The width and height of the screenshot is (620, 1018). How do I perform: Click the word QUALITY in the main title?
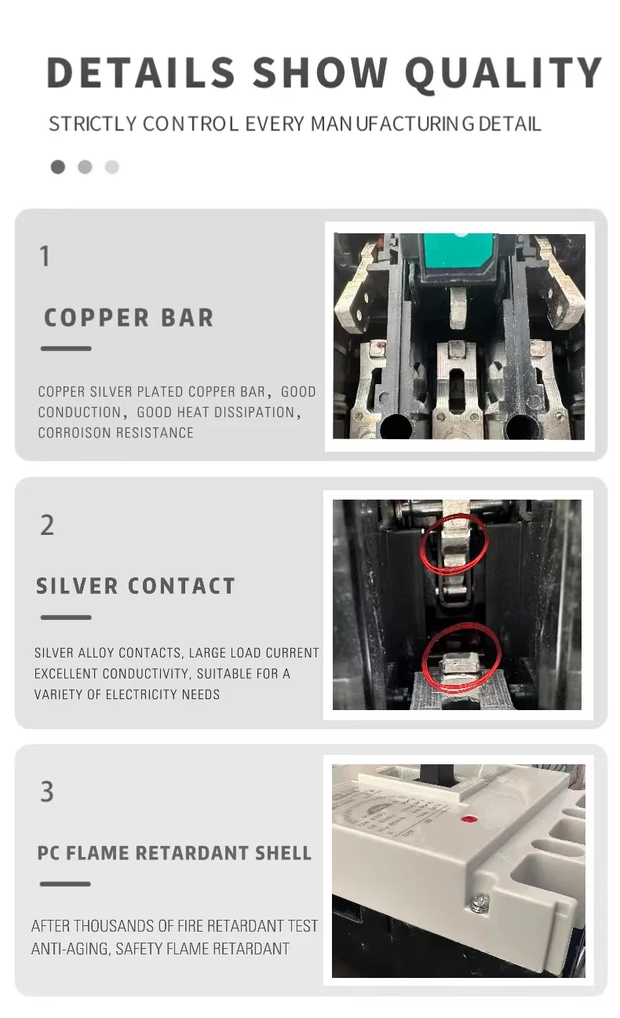[502, 73]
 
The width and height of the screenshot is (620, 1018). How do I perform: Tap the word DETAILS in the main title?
[141, 73]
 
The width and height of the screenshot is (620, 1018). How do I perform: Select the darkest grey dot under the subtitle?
[57, 167]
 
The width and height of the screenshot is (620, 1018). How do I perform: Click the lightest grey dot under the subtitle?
[112, 167]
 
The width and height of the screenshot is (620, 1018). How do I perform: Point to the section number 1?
[45, 256]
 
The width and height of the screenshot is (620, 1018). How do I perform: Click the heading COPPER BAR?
[129, 318]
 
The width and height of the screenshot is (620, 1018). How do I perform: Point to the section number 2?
[47, 525]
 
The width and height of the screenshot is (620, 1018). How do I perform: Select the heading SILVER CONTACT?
[136, 586]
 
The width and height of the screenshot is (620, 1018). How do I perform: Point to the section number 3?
[47, 792]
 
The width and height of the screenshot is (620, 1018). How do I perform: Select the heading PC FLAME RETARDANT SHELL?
[174, 853]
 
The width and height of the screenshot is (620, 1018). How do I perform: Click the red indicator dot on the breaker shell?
[471, 819]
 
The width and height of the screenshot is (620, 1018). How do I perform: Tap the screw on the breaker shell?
[476, 905]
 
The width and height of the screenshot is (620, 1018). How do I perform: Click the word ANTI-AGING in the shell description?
[70, 949]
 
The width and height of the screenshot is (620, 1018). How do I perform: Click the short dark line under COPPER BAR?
[66, 349]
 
